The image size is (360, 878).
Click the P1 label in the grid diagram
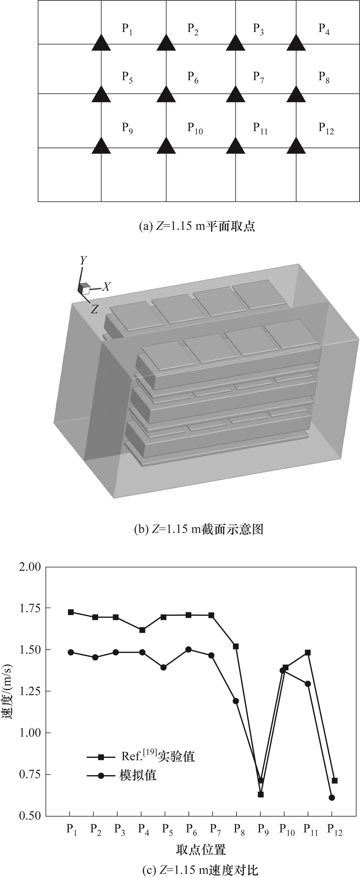127,29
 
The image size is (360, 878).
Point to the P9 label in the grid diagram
127,128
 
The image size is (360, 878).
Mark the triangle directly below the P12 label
296,146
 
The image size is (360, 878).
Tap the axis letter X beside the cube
106,287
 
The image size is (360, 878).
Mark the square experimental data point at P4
142,630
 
